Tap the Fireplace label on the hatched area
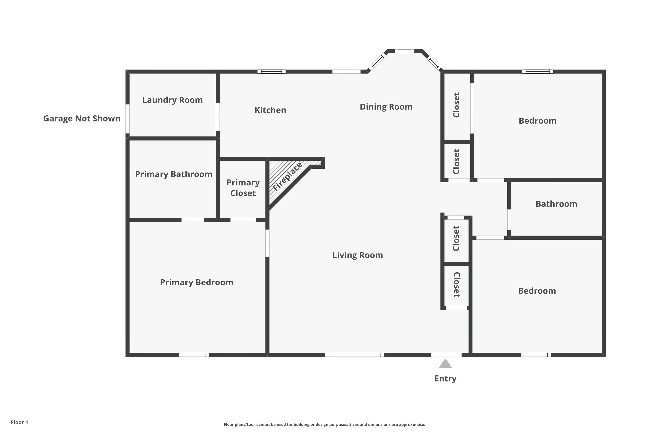[287, 177]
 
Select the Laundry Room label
[172, 100]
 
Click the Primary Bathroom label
[173, 174]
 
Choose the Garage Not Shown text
[82, 118]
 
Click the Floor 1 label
[19, 422]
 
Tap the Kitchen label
[270, 110]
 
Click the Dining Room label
[386, 107]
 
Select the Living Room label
[357, 255]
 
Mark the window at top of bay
[404, 51]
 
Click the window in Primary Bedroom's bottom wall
[194, 355]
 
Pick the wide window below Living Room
[354, 355]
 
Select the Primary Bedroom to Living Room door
[267, 243]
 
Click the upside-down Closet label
[456, 285]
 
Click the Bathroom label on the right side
[556, 204]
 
